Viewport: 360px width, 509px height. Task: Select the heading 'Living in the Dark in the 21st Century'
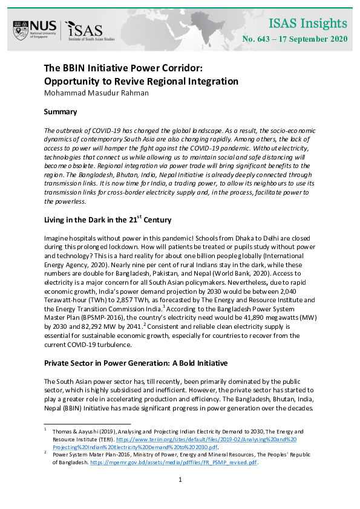pos(108,220)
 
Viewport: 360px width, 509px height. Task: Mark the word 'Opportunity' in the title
pos(73,81)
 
